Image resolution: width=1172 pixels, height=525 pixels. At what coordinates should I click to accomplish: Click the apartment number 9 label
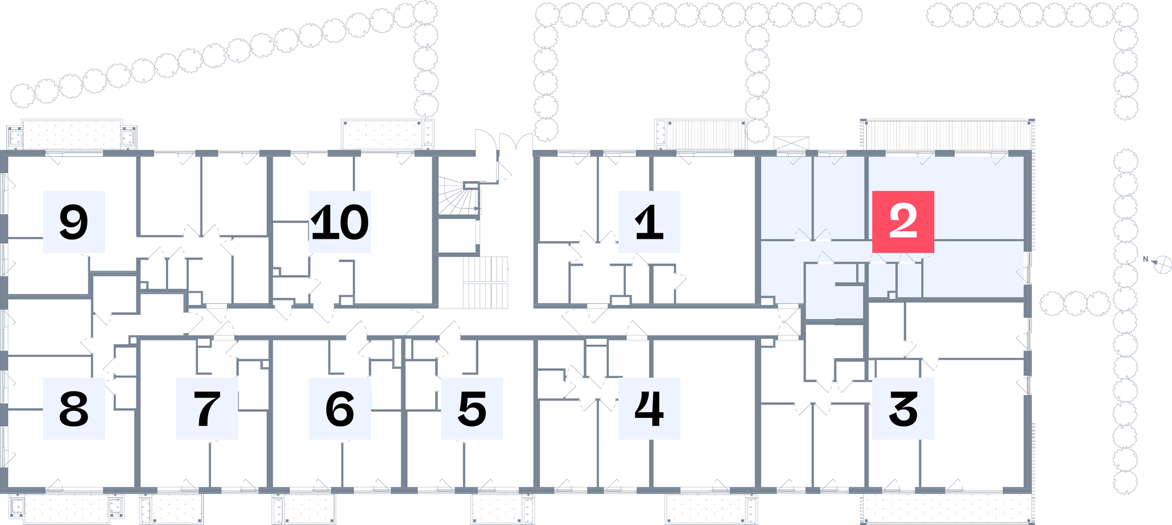point(74,222)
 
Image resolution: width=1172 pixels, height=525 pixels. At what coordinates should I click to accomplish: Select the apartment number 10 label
point(340,222)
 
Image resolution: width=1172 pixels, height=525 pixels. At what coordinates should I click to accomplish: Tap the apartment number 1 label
point(649,222)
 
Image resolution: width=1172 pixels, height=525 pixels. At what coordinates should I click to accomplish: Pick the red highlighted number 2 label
point(903,222)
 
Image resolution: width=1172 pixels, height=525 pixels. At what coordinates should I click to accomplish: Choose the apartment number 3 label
point(903,409)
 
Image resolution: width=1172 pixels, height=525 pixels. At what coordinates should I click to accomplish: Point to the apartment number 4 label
point(649,409)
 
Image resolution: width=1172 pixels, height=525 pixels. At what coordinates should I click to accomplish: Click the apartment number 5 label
point(472,409)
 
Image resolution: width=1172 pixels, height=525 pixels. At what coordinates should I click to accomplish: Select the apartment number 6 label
point(340,409)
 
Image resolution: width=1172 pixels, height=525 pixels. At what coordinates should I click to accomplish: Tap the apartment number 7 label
point(207,409)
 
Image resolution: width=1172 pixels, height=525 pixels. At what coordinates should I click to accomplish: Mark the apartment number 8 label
point(74,409)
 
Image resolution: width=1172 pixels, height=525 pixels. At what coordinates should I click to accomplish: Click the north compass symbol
point(1162,265)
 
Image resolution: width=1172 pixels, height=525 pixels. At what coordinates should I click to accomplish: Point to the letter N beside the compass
point(1146,259)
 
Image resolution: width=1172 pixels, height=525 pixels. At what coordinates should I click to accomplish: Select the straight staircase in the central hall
point(486,282)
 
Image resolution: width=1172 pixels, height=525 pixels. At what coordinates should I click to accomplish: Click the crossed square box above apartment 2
point(791,143)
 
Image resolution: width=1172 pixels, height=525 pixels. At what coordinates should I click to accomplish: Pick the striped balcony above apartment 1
point(701,135)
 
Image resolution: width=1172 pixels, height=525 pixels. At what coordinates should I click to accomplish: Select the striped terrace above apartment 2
point(948,135)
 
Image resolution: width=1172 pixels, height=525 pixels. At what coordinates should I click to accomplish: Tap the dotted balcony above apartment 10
point(388,135)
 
